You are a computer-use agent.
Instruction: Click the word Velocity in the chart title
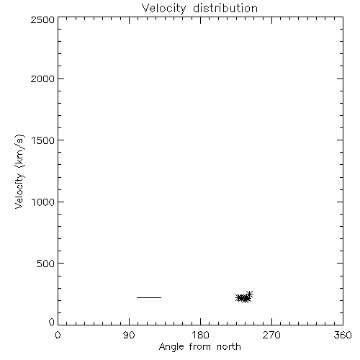tap(163, 9)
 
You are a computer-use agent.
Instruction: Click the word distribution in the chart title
tap(225, 8)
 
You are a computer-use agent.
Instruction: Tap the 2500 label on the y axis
tap(42, 19)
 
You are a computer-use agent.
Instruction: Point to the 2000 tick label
tap(42, 78)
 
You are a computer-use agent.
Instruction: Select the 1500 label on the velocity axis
tap(43, 140)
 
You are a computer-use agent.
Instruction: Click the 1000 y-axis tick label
tap(43, 202)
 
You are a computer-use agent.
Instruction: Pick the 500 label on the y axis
tap(46, 264)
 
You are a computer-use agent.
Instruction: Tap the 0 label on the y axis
tap(52, 322)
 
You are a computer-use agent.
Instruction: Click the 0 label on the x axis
tap(58, 335)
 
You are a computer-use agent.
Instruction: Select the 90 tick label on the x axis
tap(129, 335)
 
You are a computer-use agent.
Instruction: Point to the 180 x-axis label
tap(200, 335)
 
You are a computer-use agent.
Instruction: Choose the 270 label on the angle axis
tap(271, 335)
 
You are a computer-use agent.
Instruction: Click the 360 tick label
tap(343, 335)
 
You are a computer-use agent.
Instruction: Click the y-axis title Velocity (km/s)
tap(19, 171)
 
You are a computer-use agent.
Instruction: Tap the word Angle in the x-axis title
tap(171, 348)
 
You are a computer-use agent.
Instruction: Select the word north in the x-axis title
tap(229, 347)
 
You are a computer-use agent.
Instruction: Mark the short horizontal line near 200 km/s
tap(149, 297)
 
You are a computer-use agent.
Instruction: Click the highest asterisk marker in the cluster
tap(249, 294)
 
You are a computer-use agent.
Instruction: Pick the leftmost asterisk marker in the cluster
tap(239, 297)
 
